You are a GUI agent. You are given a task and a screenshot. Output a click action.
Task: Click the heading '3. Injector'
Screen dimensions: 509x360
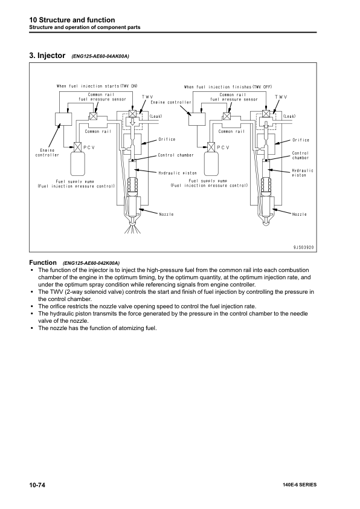[47, 56]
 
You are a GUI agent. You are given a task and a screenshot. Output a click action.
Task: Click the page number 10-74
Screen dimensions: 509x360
[39, 485]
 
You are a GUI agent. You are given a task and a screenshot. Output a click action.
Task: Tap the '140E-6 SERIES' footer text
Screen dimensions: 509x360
[299, 485]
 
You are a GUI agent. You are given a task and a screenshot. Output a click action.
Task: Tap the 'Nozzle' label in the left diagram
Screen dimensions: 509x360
[167, 214]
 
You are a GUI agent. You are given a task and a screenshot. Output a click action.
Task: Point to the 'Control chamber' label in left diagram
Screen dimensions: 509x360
[176, 155]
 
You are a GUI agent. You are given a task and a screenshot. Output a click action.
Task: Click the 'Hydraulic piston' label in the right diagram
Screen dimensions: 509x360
[302, 172]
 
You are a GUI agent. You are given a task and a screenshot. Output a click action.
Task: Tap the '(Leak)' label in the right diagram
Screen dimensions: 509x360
[289, 116]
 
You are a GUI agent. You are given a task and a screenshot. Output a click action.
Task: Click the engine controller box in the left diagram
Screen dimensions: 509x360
[63, 118]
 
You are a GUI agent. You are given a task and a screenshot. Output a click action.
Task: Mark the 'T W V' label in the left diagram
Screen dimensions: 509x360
[147, 97]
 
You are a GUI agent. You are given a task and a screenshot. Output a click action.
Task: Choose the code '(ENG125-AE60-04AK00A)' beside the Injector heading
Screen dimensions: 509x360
[100, 56]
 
